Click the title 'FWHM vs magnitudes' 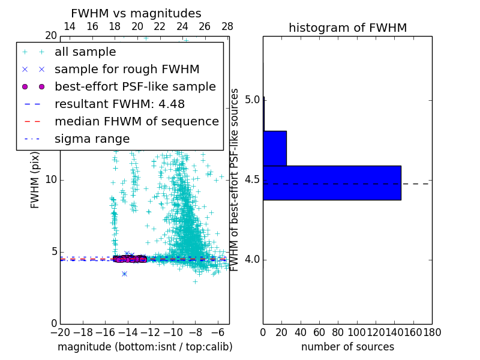(136, 14)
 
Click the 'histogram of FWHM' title (347, 28)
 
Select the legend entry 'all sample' (85, 52)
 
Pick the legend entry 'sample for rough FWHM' (127, 69)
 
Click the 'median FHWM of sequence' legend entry (136, 121)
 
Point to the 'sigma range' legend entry (92, 139)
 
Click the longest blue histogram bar (332, 182)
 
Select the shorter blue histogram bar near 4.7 (275, 148)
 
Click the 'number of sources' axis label (347, 347)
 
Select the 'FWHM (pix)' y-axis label (35, 180)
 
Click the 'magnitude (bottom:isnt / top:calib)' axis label (145, 347)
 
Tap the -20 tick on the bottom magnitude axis (60, 332)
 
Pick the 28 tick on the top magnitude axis (227, 26)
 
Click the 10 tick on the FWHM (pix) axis (50, 180)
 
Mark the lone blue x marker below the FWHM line (124, 274)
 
